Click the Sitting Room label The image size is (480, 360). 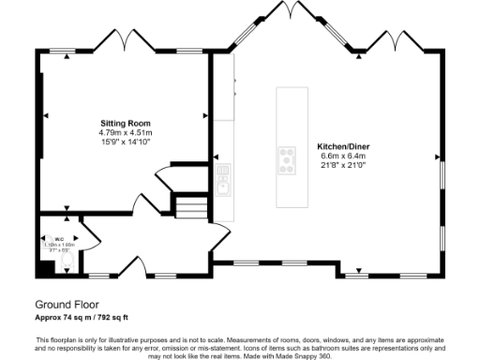pos(126,124)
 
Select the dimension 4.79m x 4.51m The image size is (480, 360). pos(126,133)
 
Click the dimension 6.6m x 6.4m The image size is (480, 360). pos(336,156)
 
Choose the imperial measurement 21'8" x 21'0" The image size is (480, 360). pos(336,165)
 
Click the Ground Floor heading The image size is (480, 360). pos(67,305)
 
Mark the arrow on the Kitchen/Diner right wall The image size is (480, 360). pos(436,156)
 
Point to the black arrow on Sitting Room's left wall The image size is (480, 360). pos(45,116)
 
